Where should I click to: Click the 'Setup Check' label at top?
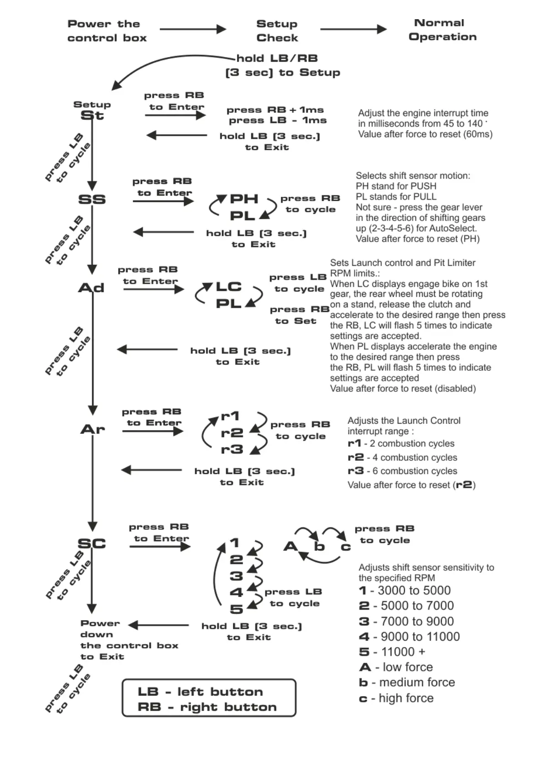click(x=277, y=31)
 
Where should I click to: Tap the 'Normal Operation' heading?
click(x=442, y=30)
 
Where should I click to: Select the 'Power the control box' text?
click(x=107, y=31)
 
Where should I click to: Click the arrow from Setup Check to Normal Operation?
click(x=353, y=29)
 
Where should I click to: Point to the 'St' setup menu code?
click(x=92, y=116)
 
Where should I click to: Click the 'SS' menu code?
click(x=92, y=200)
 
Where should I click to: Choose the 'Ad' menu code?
click(x=91, y=288)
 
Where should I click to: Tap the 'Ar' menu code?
click(x=93, y=429)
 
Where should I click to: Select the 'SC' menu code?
click(x=92, y=543)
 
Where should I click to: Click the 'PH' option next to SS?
click(x=244, y=199)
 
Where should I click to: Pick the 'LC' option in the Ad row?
click(x=228, y=287)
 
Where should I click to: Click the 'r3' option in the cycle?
click(x=232, y=449)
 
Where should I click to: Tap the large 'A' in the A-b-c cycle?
click(x=290, y=546)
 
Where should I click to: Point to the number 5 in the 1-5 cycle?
click(x=236, y=609)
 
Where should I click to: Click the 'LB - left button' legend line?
click(x=200, y=692)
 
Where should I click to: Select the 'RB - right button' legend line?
click(x=207, y=707)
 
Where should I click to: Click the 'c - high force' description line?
click(x=396, y=698)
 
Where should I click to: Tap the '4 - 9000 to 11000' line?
click(x=409, y=637)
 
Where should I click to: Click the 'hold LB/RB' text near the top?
click(x=277, y=58)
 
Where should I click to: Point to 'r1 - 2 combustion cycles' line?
click(x=401, y=443)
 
